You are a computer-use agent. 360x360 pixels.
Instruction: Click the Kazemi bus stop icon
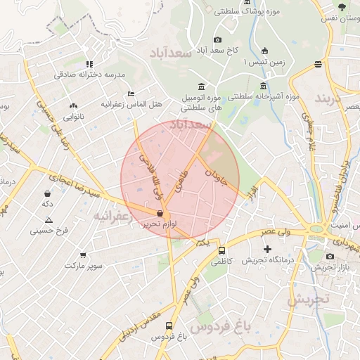[x=222, y=250]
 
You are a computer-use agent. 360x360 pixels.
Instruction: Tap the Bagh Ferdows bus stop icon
[x=169, y=326]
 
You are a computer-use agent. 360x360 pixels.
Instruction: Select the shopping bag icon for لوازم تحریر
[x=160, y=213]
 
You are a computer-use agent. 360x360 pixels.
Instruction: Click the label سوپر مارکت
[x=84, y=266]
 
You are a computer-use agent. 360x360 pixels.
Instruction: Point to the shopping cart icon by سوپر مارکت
[x=84, y=255]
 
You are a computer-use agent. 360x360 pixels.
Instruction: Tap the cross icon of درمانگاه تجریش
[x=266, y=249]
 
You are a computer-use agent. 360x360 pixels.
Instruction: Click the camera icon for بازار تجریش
[x=330, y=256]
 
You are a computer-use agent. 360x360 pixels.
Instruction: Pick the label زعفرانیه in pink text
[x=112, y=217]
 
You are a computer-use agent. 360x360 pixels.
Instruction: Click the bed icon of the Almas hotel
[x=131, y=94]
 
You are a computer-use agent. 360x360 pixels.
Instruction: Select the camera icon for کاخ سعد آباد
[x=217, y=39]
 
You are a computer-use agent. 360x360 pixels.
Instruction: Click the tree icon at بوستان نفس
[x=342, y=7]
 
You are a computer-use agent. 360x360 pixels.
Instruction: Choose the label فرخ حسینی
[x=52, y=230]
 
